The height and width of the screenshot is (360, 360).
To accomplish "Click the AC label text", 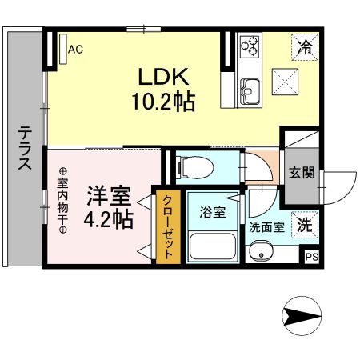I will (x=76, y=50).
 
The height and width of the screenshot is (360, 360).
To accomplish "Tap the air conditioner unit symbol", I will (x=62, y=50).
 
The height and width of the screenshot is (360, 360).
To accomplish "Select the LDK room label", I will (x=163, y=78).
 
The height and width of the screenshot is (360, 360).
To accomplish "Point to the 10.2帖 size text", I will (x=164, y=102).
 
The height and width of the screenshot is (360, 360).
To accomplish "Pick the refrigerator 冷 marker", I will (x=304, y=46).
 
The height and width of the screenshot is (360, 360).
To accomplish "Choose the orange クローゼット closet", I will (x=168, y=229).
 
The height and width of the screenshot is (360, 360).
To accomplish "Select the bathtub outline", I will (x=212, y=246).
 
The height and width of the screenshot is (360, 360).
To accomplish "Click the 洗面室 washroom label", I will (x=266, y=226).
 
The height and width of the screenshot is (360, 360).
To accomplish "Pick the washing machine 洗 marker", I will (x=305, y=225).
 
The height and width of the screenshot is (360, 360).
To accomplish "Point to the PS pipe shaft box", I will (x=311, y=256).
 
